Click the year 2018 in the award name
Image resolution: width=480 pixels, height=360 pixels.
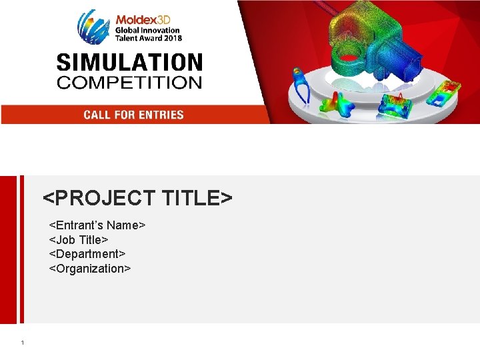coord(170,38)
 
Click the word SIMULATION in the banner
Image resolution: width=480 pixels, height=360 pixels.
coord(129,63)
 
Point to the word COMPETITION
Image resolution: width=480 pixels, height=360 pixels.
coord(129,83)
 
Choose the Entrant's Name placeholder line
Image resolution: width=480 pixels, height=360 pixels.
coord(97,225)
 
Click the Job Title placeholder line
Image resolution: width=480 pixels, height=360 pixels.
coord(79,239)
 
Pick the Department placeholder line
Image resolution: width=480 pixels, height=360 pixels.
coord(87,254)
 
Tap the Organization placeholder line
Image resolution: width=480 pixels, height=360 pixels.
coord(90,269)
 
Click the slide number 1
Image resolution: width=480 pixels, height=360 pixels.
coord(22,343)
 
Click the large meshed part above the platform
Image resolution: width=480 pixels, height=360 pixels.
coord(360,47)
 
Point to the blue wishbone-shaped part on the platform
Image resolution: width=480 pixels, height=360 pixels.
coord(301,87)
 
